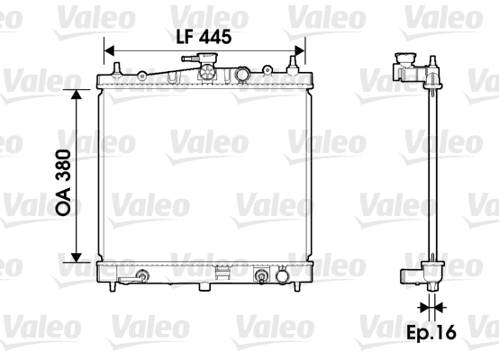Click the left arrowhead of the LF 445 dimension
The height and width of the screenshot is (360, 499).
[110, 50]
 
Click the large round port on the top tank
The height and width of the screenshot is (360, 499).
[243, 74]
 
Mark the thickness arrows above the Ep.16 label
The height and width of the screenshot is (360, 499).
[432, 307]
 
